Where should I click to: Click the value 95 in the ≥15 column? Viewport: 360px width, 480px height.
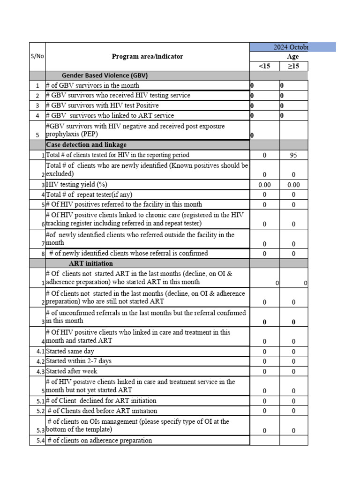pyautogui.click(x=293, y=155)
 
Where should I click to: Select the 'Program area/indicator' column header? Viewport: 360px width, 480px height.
pyautogui.click(x=147, y=57)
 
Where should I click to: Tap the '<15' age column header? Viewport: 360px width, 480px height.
pyautogui.click(x=264, y=66)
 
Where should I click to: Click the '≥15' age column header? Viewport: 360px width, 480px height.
pyautogui.click(x=293, y=66)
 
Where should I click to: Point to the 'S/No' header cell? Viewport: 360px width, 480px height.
pyautogui.click(x=37, y=56)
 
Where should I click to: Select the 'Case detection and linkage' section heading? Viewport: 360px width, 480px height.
pyautogui.click(x=86, y=145)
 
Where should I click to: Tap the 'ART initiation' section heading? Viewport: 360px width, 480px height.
pyautogui.click(x=91, y=263)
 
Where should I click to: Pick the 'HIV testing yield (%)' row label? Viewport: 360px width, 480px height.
pyautogui.click(x=80, y=185)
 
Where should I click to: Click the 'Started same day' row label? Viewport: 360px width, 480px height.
pyautogui.click(x=70, y=352)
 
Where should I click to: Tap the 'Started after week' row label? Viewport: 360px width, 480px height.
pyautogui.click(x=72, y=371)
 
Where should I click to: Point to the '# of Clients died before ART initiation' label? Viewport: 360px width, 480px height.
pyautogui.click(x=102, y=411)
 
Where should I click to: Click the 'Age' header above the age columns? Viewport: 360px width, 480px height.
pyautogui.click(x=292, y=57)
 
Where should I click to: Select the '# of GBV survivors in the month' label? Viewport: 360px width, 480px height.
pyautogui.click(x=92, y=86)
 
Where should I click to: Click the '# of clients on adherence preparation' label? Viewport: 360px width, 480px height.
pyautogui.click(x=99, y=441)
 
